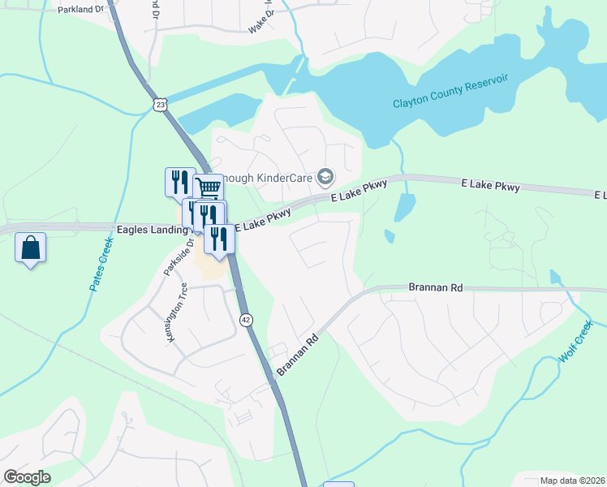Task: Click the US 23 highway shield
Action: [x=160, y=105]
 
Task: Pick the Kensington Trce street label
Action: [x=177, y=312]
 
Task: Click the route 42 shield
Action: [x=246, y=321]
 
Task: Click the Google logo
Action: [x=27, y=477]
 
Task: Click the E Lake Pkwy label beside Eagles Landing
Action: [x=263, y=220]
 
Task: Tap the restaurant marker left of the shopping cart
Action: [x=179, y=181]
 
